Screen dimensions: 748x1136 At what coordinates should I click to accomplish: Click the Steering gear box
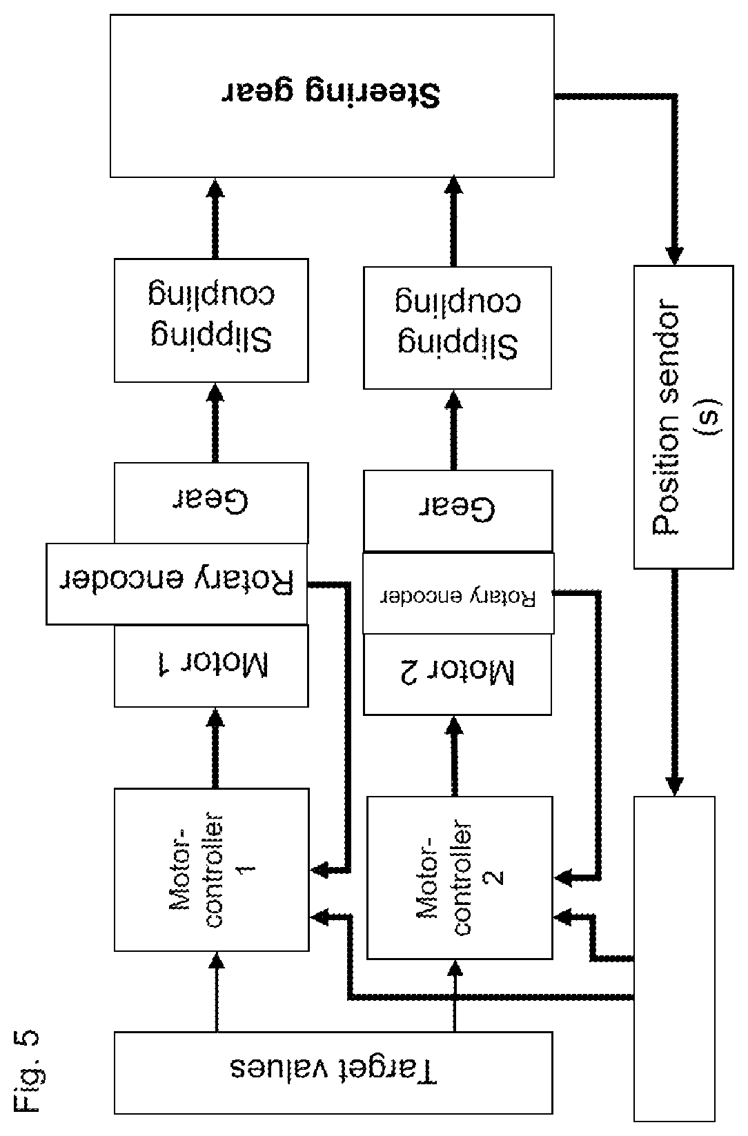tap(332, 96)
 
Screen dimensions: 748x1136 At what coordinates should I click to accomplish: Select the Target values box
tap(333, 1072)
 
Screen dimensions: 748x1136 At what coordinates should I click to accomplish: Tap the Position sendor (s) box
tap(684, 417)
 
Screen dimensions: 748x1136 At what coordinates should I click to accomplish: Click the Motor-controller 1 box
tap(212, 869)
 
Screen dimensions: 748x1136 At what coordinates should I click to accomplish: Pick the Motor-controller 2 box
tap(460, 877)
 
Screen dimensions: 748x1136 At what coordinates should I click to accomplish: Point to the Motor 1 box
tap(211, 666)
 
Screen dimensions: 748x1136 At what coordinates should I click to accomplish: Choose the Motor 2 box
tap(457, 674)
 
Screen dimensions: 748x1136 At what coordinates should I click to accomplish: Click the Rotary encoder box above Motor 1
tap(177, 584)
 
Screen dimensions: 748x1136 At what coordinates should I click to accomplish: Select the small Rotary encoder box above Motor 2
tap(458, 593)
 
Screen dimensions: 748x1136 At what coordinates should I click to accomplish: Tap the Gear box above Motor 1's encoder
tap(211, 503)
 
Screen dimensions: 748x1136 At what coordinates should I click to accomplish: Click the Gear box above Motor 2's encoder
tap(458, 510)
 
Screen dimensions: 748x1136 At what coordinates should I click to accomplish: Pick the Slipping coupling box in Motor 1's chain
tap(211, 320)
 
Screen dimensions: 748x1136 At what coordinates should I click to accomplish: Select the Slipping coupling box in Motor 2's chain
tap(457, 328)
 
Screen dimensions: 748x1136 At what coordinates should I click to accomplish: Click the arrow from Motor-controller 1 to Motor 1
tap(216, 748)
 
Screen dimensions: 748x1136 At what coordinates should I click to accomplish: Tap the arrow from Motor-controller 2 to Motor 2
tap(454, 756)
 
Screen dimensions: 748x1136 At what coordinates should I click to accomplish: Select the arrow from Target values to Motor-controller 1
tap(217, 991)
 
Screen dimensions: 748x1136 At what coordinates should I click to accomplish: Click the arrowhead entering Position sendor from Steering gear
tap(674, 255)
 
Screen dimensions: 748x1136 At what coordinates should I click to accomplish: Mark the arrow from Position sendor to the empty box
tap(674, 683)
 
